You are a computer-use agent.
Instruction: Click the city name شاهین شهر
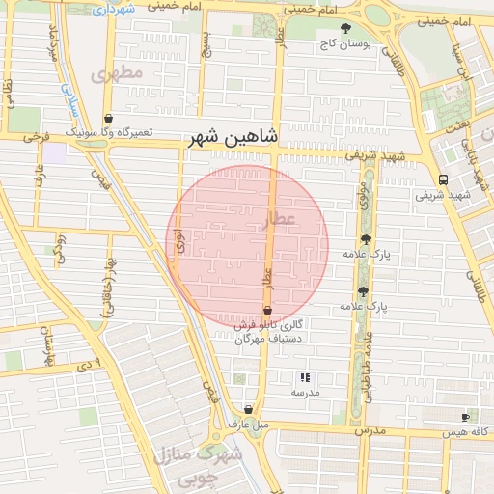coord(232,137)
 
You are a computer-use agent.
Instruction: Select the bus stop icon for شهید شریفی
coord(442,179)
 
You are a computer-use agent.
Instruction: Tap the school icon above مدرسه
coord(305,378)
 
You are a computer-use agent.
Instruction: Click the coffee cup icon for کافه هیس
coord(466,417)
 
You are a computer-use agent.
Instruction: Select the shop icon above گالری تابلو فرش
coord(267,310)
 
